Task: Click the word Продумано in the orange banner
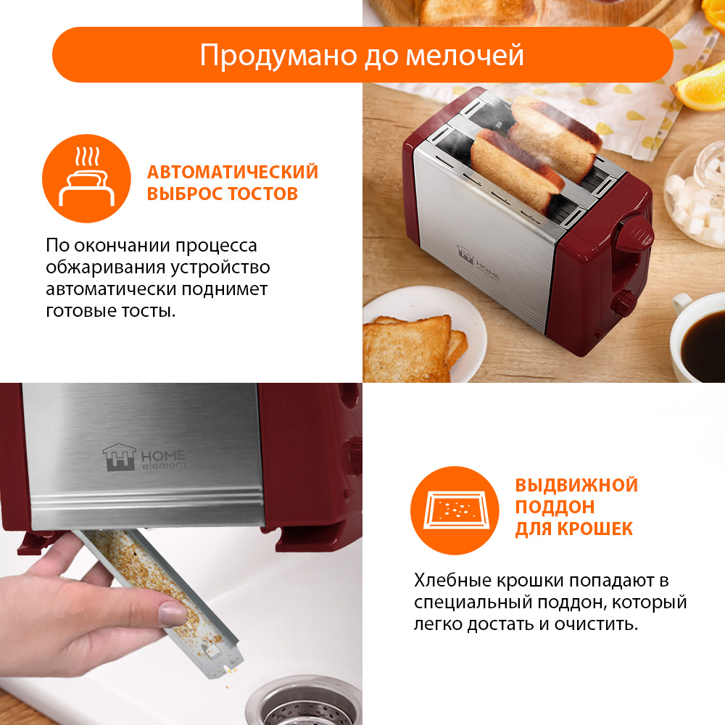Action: tap(279, 57)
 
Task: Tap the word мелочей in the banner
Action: tap(465, 56)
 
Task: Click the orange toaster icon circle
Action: tap(86, 178)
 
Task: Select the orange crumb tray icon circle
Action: tap(455, 510)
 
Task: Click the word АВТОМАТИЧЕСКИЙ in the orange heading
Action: tap(233, 172)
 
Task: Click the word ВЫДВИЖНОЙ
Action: tap(576, 485)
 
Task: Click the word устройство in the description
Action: tap(220, 268)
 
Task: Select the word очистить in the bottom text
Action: tap(597, 624)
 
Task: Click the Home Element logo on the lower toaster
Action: tap(144, 457)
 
